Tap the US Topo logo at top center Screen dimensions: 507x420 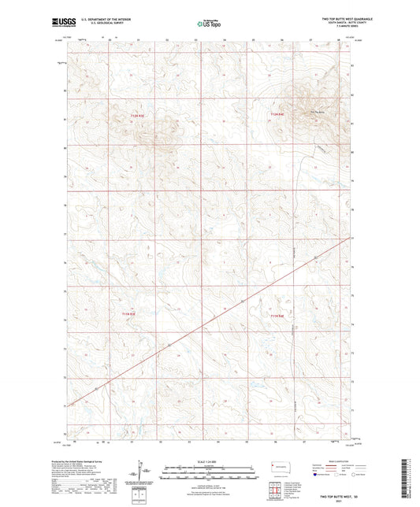(x=206, y=24)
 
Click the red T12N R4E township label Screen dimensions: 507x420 (x=276, y=116)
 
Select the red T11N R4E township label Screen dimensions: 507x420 (x=276, y=316)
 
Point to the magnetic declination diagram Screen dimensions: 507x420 (x=147, y=472)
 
